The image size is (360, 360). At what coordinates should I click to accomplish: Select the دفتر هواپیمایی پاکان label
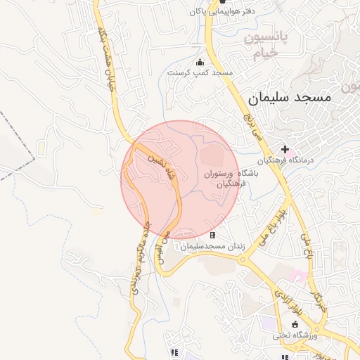(221, 12)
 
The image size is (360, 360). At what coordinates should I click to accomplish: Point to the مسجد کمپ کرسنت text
(200, 72)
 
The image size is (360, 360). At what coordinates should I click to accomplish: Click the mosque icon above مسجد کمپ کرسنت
(200, 62)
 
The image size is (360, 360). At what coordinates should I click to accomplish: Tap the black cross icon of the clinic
(285, 149)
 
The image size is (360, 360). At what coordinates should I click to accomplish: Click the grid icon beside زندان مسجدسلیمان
(212, 235)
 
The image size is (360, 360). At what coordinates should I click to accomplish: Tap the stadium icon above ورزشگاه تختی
(295, 324)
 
